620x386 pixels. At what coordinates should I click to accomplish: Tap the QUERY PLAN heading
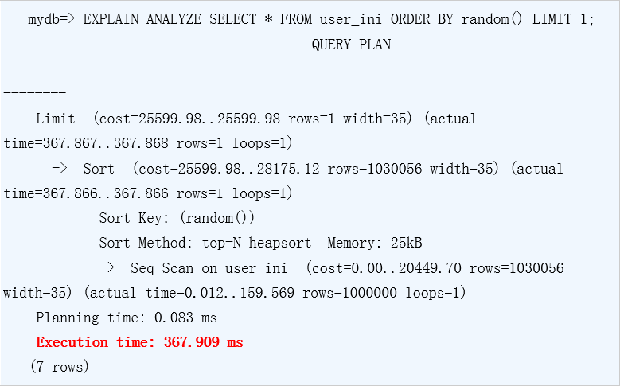(351, 45)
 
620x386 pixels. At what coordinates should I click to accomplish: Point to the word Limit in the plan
(55, 119)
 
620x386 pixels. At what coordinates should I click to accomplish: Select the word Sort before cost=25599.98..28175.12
(99, 169)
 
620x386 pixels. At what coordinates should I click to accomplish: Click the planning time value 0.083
(174, 318)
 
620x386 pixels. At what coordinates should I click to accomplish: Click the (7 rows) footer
(59, 367)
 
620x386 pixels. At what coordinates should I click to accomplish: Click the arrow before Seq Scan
(107, 268)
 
